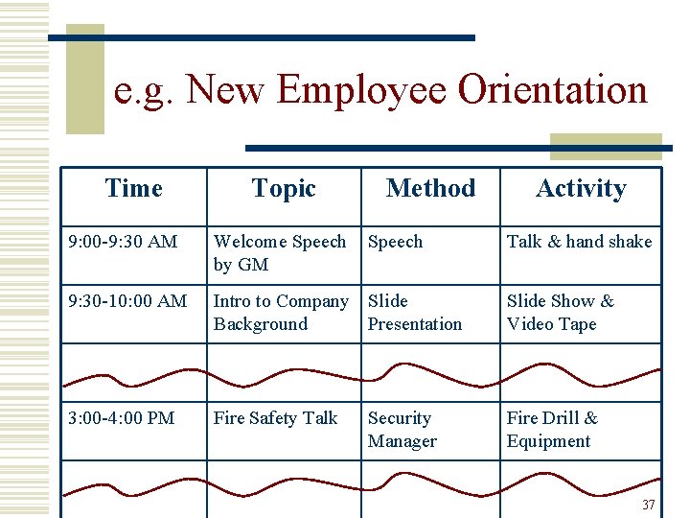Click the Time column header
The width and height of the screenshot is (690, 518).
[x=134, y=189]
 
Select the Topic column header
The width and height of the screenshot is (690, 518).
[x=284, y=189]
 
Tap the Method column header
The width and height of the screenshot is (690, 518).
[x=430, y=189]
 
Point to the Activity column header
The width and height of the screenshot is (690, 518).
[x=581, y=189]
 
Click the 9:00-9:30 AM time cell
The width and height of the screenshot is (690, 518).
[x=123, y=242]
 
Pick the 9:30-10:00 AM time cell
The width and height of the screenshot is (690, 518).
[x=127, y=301]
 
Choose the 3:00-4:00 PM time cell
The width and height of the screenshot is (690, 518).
[x=122, y=418]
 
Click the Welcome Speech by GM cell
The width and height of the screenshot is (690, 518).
[x=279, y=253]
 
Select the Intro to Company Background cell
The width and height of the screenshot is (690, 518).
[x=280, y=313]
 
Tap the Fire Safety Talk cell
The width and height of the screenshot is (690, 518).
[x=275, y=418]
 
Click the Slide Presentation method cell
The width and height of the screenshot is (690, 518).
[x=414, y=313]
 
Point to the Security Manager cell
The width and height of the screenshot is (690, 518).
[x=402, y=430]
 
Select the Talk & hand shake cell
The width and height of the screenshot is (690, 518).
[x=579, y=242]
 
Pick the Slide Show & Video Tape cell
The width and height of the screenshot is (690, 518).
[x=560, y=313]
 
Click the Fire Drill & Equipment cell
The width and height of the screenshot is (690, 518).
[x=551, y=430]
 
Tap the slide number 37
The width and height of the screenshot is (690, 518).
[x=648, y=505]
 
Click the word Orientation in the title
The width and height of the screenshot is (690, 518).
[x=552, y=90]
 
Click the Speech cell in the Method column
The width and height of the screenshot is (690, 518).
[x=395, y=242]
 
